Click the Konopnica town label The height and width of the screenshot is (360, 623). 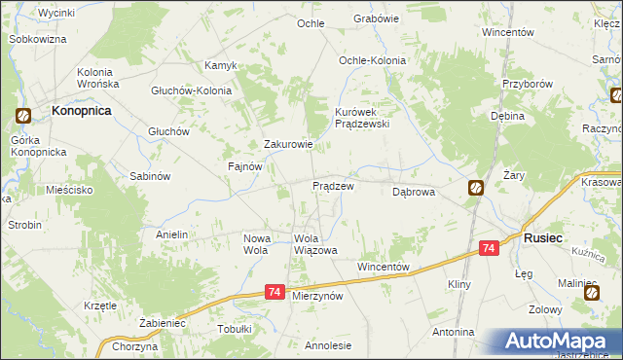(x=81, y=112)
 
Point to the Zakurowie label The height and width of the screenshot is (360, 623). (x=289, y=145)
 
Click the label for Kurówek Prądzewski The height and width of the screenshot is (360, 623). (x=362, y=118)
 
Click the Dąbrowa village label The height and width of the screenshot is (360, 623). (x=413, y=193)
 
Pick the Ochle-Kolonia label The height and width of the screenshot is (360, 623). (x=372, y=60)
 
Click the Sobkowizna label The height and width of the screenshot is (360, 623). (x=37, y=39)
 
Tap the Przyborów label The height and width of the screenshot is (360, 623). (x=527, y=84)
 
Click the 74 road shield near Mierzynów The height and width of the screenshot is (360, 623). (x=275, y=292)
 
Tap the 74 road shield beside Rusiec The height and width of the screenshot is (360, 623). (x=489, y=250)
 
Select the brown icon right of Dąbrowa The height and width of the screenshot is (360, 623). (x=475, y=188)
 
